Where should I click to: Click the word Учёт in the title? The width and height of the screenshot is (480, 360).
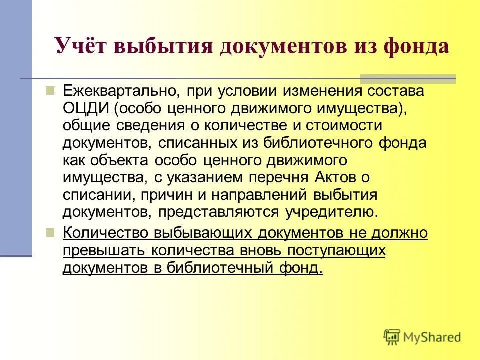81,46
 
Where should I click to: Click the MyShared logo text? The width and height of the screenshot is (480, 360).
433,337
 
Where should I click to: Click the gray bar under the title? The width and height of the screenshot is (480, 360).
407,79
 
